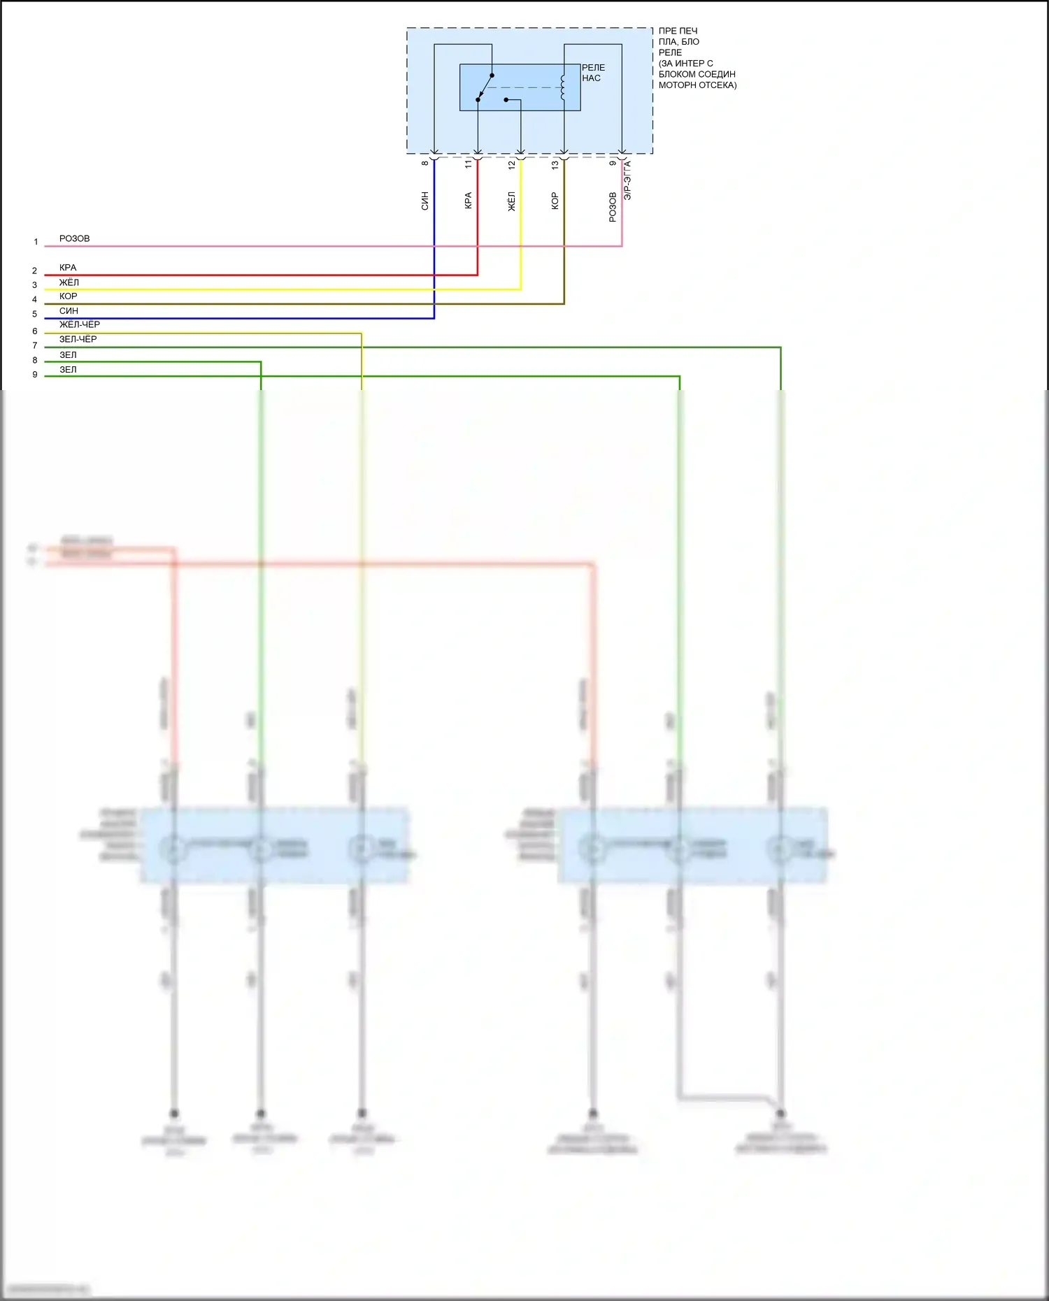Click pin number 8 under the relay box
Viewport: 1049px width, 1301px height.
[x=425, y=164]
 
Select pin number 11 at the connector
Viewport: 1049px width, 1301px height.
[x=469, y=164]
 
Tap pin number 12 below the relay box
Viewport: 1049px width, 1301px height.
[x=512, y=164]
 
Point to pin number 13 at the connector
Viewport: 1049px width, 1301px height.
[x=555, y=164]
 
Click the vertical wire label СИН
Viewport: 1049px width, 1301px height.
[x=425, y=201]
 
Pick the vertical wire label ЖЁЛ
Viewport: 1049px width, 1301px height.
[x=512, y=201]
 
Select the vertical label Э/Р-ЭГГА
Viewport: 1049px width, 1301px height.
[x=628, y=180]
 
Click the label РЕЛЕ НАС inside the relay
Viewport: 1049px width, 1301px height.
[x=593, y=73]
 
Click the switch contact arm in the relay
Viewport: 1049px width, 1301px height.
[x=485, y=88]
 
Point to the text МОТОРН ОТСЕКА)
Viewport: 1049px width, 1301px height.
[x=697, y=85]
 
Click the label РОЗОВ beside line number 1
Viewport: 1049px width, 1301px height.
[x=74, y=238]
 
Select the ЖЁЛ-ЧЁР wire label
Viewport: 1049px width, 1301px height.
[x=79, y=324]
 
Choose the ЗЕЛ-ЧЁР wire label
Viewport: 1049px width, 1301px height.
[x=78, y=339]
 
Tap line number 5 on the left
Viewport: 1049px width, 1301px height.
[x=35, y=314]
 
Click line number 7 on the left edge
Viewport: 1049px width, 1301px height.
[x=35, y=345]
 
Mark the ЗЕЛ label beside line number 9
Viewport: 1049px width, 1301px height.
[x=68, y=370]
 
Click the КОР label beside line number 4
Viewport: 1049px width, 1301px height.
[x=68, y=296]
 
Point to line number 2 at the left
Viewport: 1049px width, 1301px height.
[x=35, y=271]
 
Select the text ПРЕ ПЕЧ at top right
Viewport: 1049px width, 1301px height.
[x=678, y=31]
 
